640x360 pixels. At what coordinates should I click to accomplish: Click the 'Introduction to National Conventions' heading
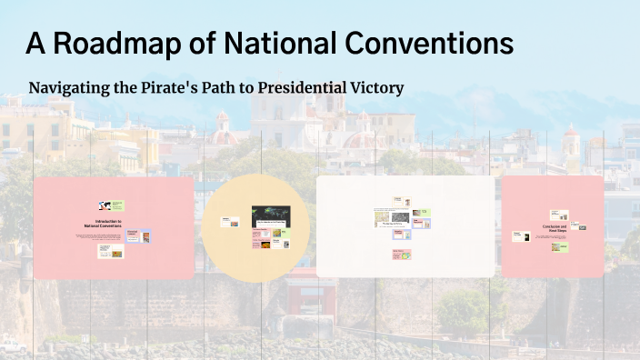click(102, 222)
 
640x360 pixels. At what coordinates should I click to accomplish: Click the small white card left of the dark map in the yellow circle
click(231, 222)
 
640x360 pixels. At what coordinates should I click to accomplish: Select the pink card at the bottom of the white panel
click(402, 255)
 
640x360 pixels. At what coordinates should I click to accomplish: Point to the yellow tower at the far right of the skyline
click(571, 145)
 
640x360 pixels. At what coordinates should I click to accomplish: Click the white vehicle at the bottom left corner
click(11, 345)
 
